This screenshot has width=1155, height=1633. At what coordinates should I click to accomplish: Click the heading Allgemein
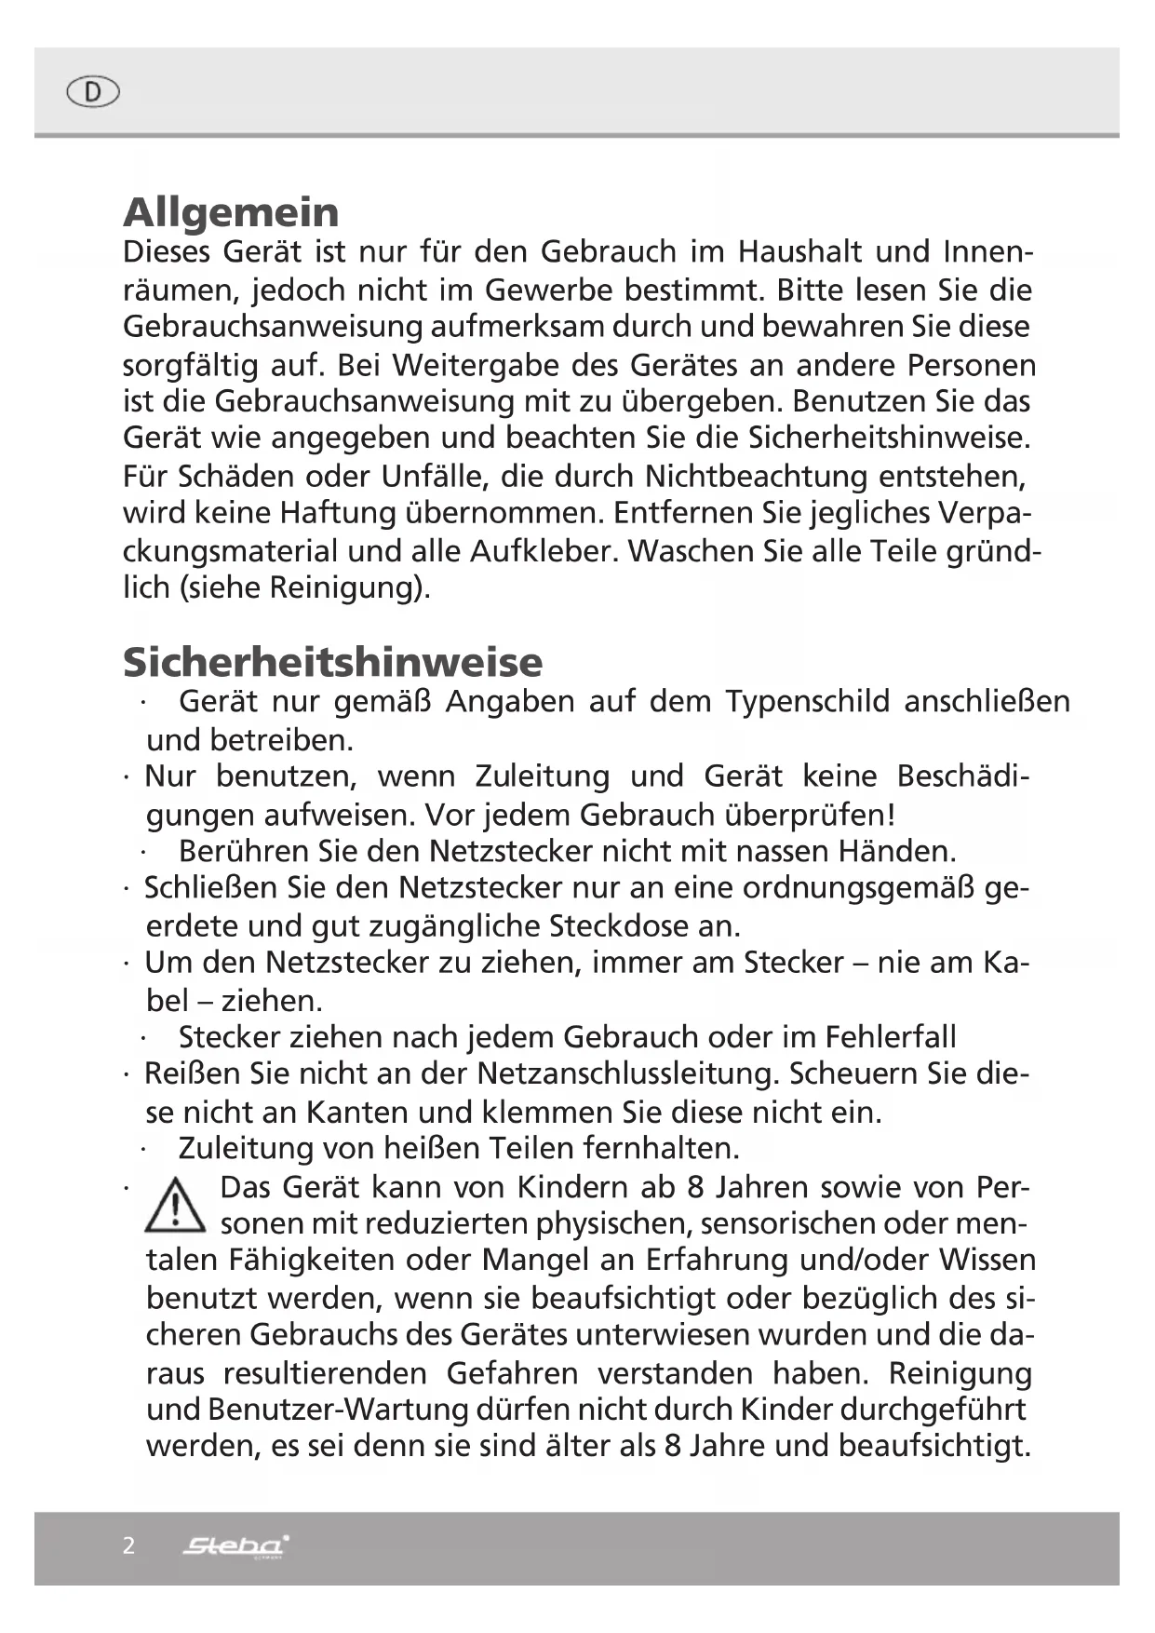coord(231,212)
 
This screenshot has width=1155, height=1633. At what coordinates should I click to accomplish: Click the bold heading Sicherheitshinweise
coord(332,662)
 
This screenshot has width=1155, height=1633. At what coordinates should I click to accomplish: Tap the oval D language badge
coord(93,92)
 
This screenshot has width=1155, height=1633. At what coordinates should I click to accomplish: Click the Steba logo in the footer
coord(235,1546)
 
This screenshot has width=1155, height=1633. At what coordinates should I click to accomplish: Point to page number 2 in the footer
coord(128,1546)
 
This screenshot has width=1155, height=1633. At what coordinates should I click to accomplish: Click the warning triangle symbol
coord(174,1206)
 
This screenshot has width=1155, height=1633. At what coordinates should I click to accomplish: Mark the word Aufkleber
coord(540,551)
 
